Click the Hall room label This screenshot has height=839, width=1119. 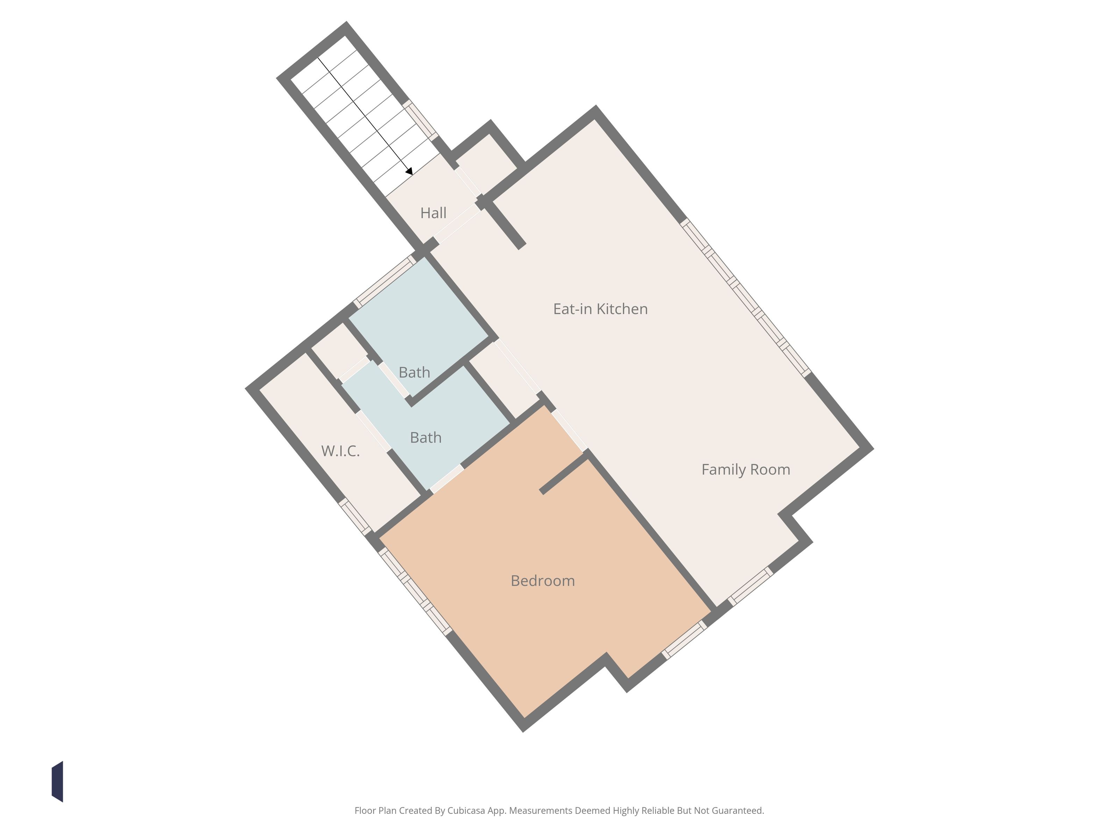(x=434, y=213)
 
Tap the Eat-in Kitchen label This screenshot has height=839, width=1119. (x=600, y=309)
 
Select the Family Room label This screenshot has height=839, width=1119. (x=746, y=470)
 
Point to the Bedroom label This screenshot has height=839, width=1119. (x=543, y=581)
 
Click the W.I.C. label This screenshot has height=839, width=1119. (x=341, y=451)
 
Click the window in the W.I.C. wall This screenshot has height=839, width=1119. (x=355, y=516)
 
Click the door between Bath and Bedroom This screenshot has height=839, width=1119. (x=447, y=479)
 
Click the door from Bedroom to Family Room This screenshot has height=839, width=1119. (x=569, y=430)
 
